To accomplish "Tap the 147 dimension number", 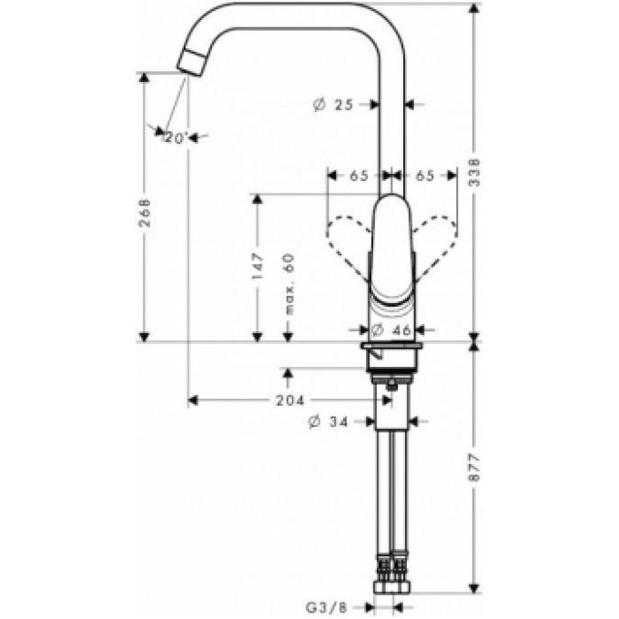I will coord(258,264).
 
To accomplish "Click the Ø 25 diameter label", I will coord(332,105).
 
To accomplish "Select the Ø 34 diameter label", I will coord(328,421).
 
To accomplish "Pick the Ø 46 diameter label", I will coord(392,333).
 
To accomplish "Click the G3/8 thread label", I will coord(326,604).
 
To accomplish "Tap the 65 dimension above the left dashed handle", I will coord(358,176).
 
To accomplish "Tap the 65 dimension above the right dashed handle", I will coord(423,176).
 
